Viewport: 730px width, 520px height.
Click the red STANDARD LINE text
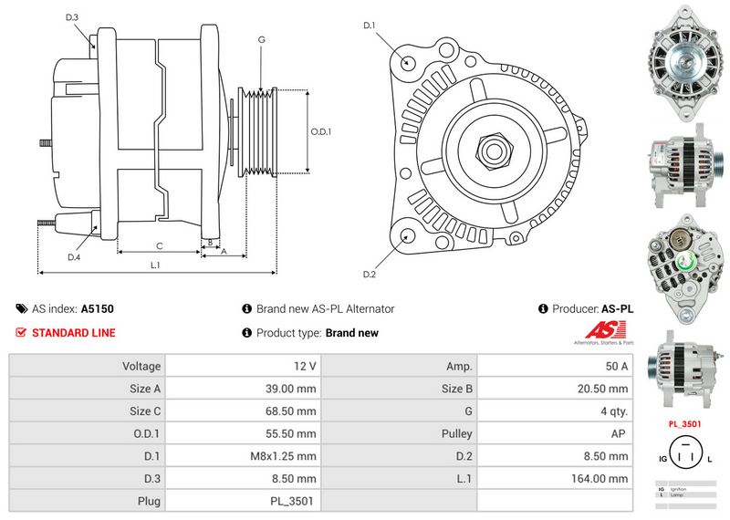[73, 333]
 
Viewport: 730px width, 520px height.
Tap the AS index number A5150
[98, 309]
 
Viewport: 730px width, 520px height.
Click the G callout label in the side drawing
[262, 40]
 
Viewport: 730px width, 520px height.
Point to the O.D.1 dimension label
[321, 131]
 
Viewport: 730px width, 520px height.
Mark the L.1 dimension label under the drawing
[155, 265]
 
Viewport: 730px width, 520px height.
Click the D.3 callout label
[72, 17]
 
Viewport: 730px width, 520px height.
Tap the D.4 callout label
[74, 257]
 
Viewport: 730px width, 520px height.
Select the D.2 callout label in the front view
[370, 275]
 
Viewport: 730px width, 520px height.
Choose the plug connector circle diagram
[683, 453]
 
